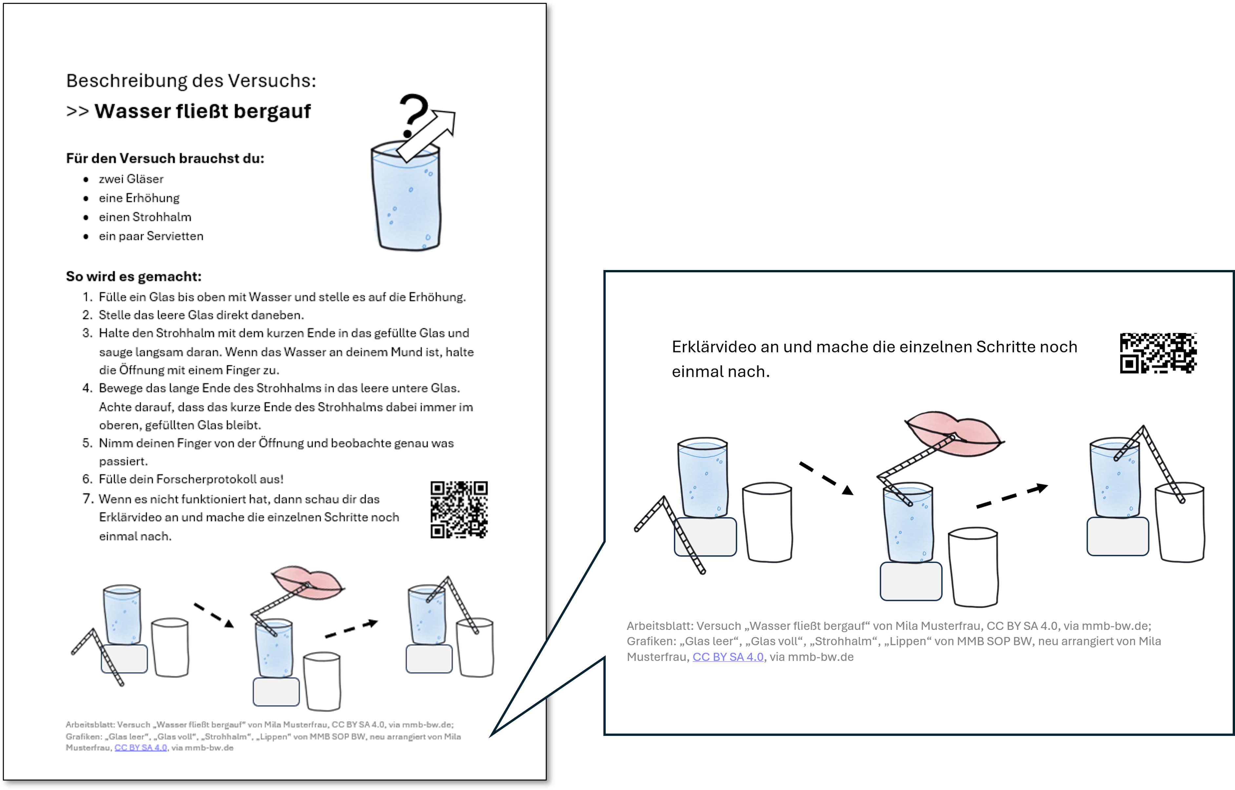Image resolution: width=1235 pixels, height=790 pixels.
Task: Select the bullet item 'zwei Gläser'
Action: coord(131,179)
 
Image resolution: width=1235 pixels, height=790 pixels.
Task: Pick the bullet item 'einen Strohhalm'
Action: coord(145,217)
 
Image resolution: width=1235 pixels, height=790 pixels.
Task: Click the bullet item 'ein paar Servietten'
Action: coord(151,236)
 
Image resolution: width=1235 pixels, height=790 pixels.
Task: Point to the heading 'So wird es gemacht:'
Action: coord(134,277)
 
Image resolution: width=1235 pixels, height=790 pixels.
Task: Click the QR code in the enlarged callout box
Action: coord(1158,353)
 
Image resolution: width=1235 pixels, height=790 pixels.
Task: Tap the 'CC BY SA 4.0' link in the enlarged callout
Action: coord(728,657)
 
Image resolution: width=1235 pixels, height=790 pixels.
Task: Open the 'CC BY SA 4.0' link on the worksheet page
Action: coord(141,748)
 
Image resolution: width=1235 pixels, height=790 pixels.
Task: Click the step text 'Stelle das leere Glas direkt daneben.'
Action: coord(202,315)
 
